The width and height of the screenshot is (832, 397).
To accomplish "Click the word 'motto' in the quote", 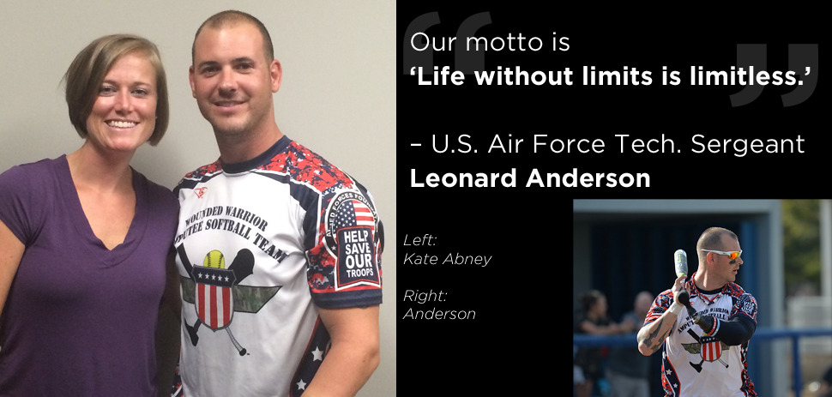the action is coord(499,43).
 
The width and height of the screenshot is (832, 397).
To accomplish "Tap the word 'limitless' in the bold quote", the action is coord(752,77).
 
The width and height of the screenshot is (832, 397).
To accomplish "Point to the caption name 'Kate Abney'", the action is coord(447,260).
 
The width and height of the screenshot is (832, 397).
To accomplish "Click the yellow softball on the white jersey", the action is coord(214,259).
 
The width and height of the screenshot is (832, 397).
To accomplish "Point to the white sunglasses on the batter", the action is coord(722,254).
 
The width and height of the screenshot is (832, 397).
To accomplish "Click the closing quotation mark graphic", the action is coord(775,75).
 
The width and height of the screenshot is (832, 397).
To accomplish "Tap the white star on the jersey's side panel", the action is coord(318,353).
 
